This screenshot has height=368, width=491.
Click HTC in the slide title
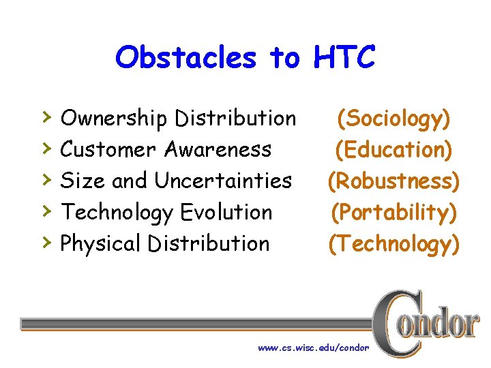click(x=344, y=58)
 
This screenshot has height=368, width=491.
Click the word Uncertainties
click(x=223, y=181)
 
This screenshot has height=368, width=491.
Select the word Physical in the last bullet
click(x=101, y=243)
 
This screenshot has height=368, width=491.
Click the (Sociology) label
click(x=394, y=119)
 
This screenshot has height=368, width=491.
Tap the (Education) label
click(x=394, y=150)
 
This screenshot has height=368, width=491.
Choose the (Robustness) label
click(x=394, y=181)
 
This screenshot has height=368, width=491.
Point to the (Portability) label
click(x=394, y=213)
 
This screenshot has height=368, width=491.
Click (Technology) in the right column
click(x=394, y=244)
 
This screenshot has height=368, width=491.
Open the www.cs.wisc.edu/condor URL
click(x=313, y=348)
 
